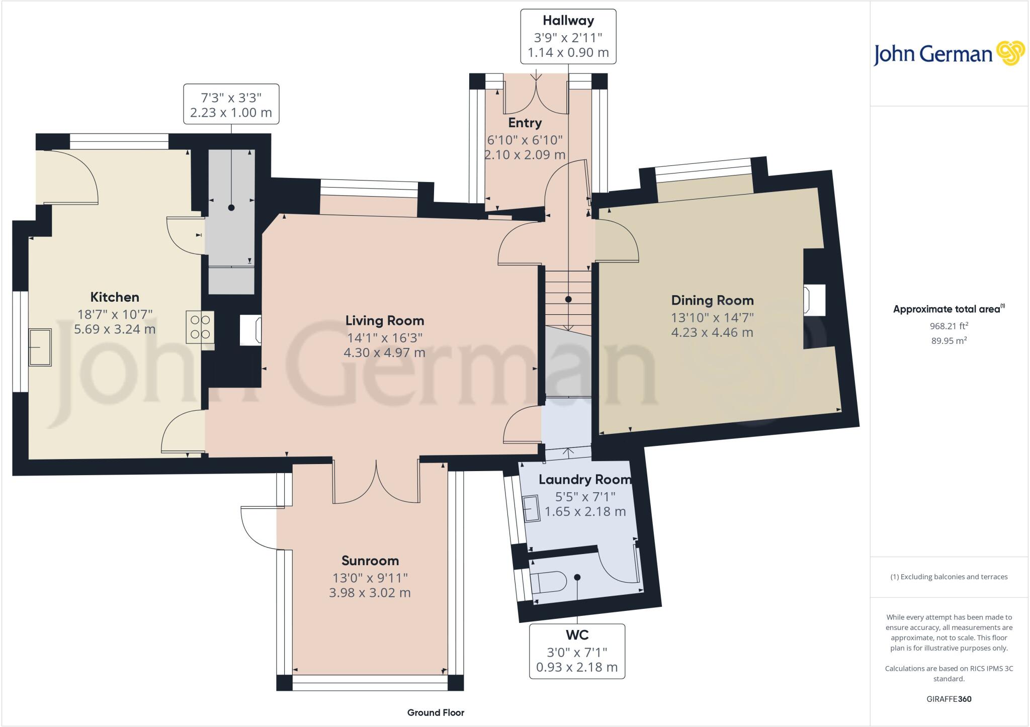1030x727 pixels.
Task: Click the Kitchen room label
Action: click(x=115, y=297)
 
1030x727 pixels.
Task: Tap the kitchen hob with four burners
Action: click(x=200, y=327)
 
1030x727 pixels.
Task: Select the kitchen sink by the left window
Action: click(x=40, y=347)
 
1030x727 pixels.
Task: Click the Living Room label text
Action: click(x=385, y=320)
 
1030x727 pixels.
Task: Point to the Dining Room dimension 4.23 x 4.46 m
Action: click(x=712, y=332)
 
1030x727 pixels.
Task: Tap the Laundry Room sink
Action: click(x=531, y=509)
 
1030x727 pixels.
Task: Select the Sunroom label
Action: click(x=370, y=561)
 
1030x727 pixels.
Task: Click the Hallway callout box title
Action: click(x=568, y=21)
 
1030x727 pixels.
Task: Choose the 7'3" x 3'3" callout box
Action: click(x=231, y=104)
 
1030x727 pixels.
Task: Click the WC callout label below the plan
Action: click(x=577, y=635)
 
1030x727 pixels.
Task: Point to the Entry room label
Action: click(x=525, y=123)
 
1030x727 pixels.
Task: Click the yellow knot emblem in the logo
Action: click(x=1010, y=53)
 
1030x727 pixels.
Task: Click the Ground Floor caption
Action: click(x=436, y=712)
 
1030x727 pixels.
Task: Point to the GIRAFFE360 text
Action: click(x=949, y=699)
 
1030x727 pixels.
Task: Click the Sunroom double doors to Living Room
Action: click(x=376, y=483)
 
